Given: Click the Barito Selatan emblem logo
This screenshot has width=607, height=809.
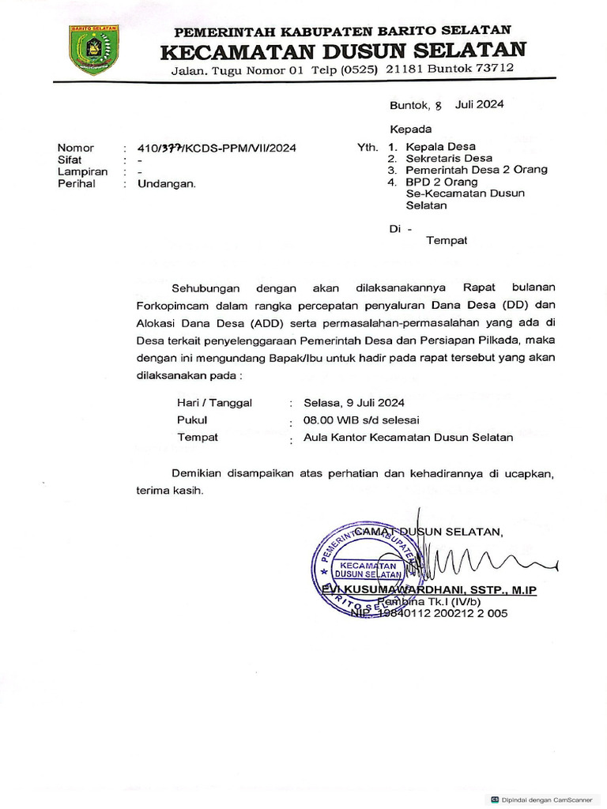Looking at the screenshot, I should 94,50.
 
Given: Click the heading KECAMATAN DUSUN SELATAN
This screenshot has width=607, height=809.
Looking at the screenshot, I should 342,51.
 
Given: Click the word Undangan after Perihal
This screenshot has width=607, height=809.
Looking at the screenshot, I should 167,183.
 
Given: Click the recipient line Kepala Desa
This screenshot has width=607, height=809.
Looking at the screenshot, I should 440,147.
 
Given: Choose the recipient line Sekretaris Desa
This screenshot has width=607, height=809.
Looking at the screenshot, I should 448,158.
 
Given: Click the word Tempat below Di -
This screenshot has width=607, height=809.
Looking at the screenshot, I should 447,240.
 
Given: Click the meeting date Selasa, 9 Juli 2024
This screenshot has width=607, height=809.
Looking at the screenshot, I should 350,402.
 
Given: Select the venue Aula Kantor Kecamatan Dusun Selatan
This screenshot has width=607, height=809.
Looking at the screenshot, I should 409,437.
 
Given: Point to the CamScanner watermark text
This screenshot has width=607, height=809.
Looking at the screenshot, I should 546,799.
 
